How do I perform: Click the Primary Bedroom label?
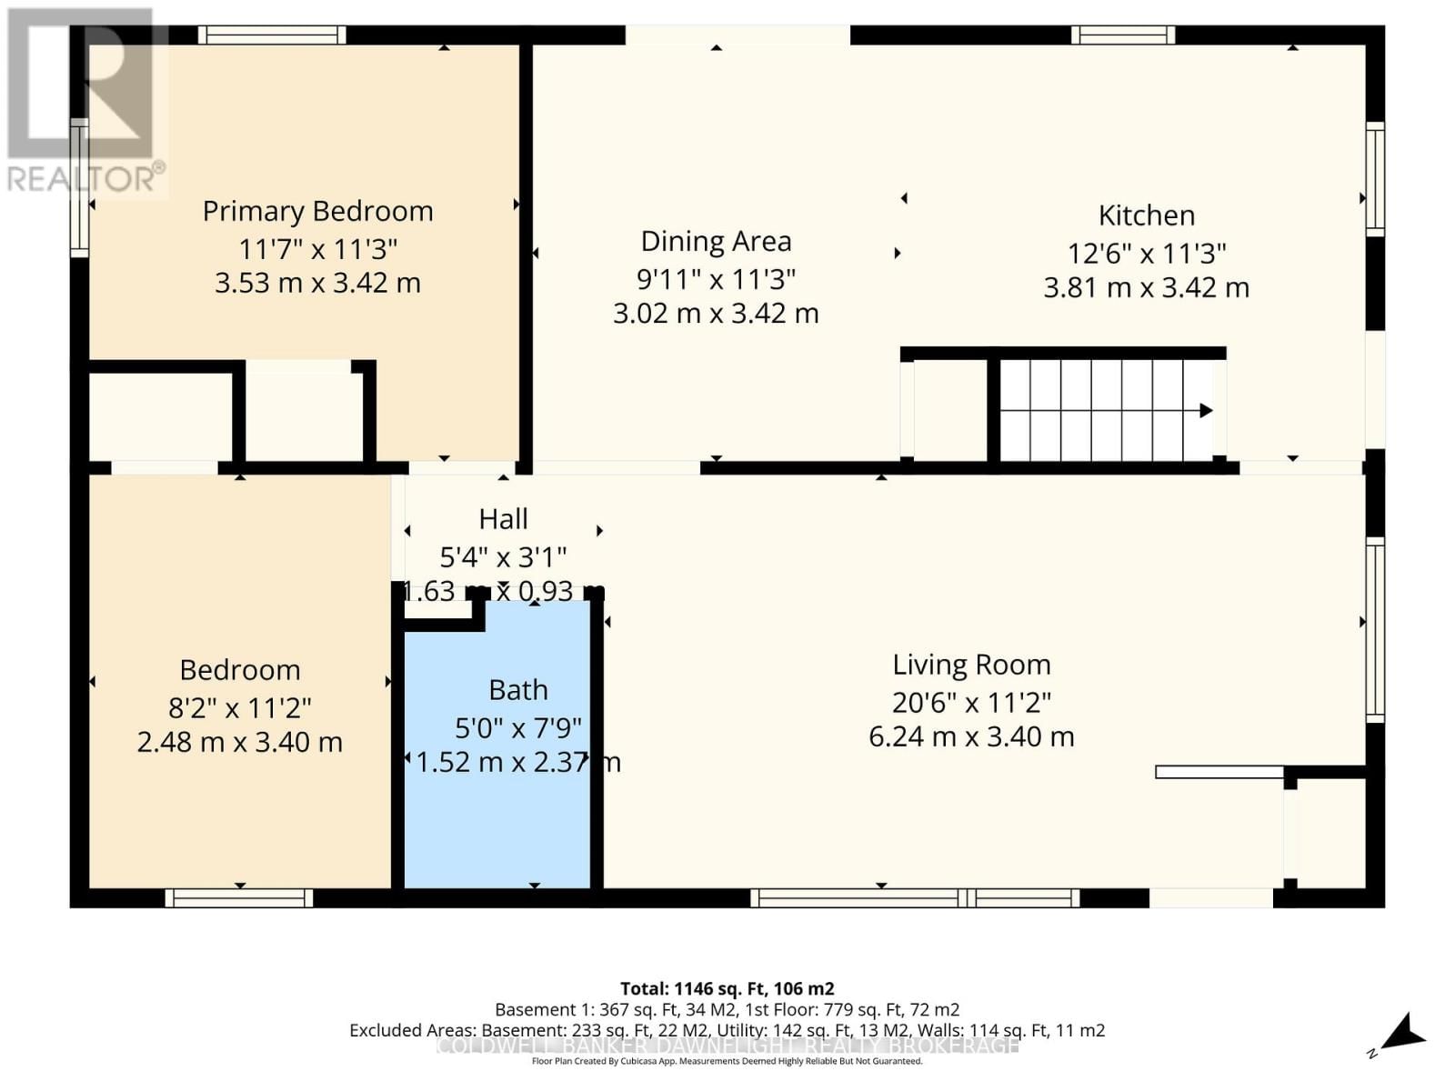[x=317, y=211]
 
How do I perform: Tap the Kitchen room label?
[x=1146, y=215]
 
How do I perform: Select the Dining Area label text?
[x=716, y=241]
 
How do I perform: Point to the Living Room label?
[x=971, y=665]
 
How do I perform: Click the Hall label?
[x=503, y=519]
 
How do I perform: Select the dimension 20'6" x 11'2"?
[x=971, y=702]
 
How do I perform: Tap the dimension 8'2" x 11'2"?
[x=240, y=707]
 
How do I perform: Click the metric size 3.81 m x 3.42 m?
[x=1146, y=288]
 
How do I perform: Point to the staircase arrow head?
[x=1206, y=410]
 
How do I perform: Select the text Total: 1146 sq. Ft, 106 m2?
[x=727, y=988]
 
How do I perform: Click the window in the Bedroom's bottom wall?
[x=239, y=898]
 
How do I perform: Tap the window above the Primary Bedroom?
[x=272, y=35]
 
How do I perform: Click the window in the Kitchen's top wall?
[x=1123, y=35]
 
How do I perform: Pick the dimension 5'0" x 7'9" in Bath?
[x=517, y=727]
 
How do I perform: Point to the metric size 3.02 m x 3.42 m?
[x=716, y=314]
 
